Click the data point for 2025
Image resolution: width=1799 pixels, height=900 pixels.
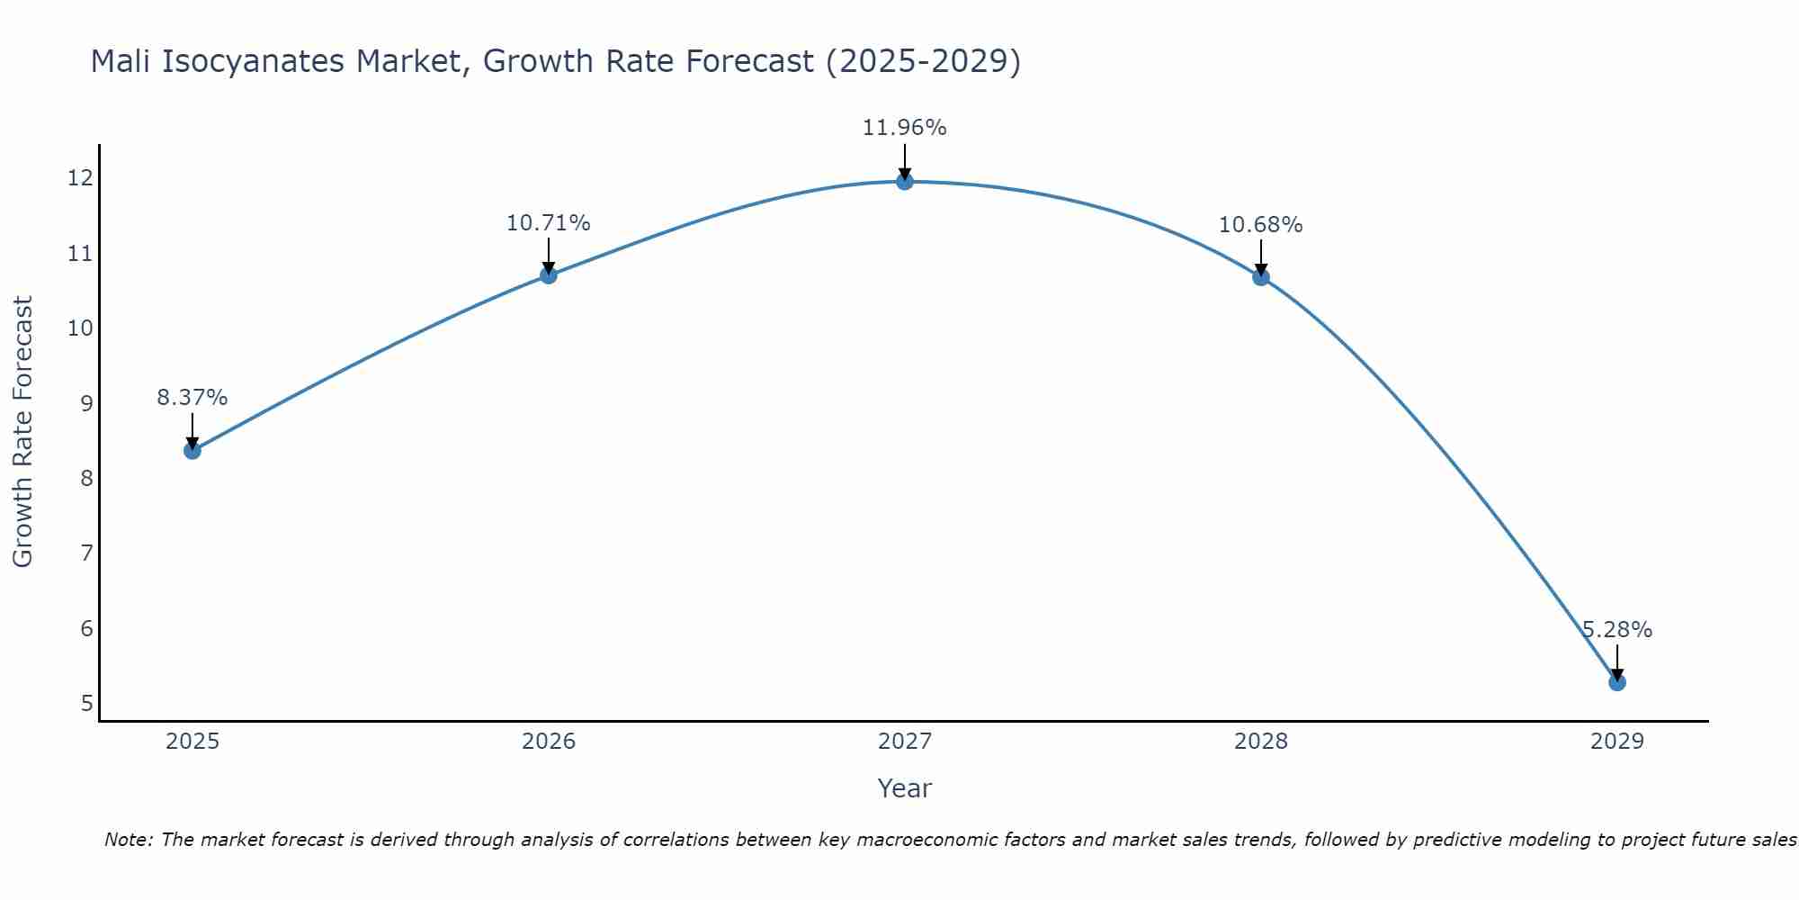[192, 450]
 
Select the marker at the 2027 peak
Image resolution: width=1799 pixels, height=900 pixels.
[905, 182]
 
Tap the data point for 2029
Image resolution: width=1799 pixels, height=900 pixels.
[1617, 682]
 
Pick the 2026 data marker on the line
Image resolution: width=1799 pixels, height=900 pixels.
[549, 274]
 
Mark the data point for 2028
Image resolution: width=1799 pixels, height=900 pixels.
[1261, 277]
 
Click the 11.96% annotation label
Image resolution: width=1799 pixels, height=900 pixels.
[905, 128]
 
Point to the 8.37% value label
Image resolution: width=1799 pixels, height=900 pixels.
[192, 397]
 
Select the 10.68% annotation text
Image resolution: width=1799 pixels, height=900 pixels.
[1261, 224]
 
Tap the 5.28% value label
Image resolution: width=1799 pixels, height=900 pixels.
[1617, 630]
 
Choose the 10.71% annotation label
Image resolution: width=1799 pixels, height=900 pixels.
[549, 222]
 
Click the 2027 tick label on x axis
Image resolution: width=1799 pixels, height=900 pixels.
[905, 742]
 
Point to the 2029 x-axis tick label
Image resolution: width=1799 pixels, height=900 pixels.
[1617, 742]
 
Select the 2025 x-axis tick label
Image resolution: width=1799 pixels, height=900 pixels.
[192, 742]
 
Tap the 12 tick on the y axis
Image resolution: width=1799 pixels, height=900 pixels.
[80, 178]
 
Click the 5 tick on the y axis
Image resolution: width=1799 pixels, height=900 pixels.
[86, 703]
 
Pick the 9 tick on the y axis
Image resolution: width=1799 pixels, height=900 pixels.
[86, 403]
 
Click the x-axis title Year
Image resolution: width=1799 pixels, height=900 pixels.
[905, 788]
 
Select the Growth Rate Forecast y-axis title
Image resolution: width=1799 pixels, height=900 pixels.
[23, 432]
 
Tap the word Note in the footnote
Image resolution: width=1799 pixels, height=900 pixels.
[129, 840]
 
